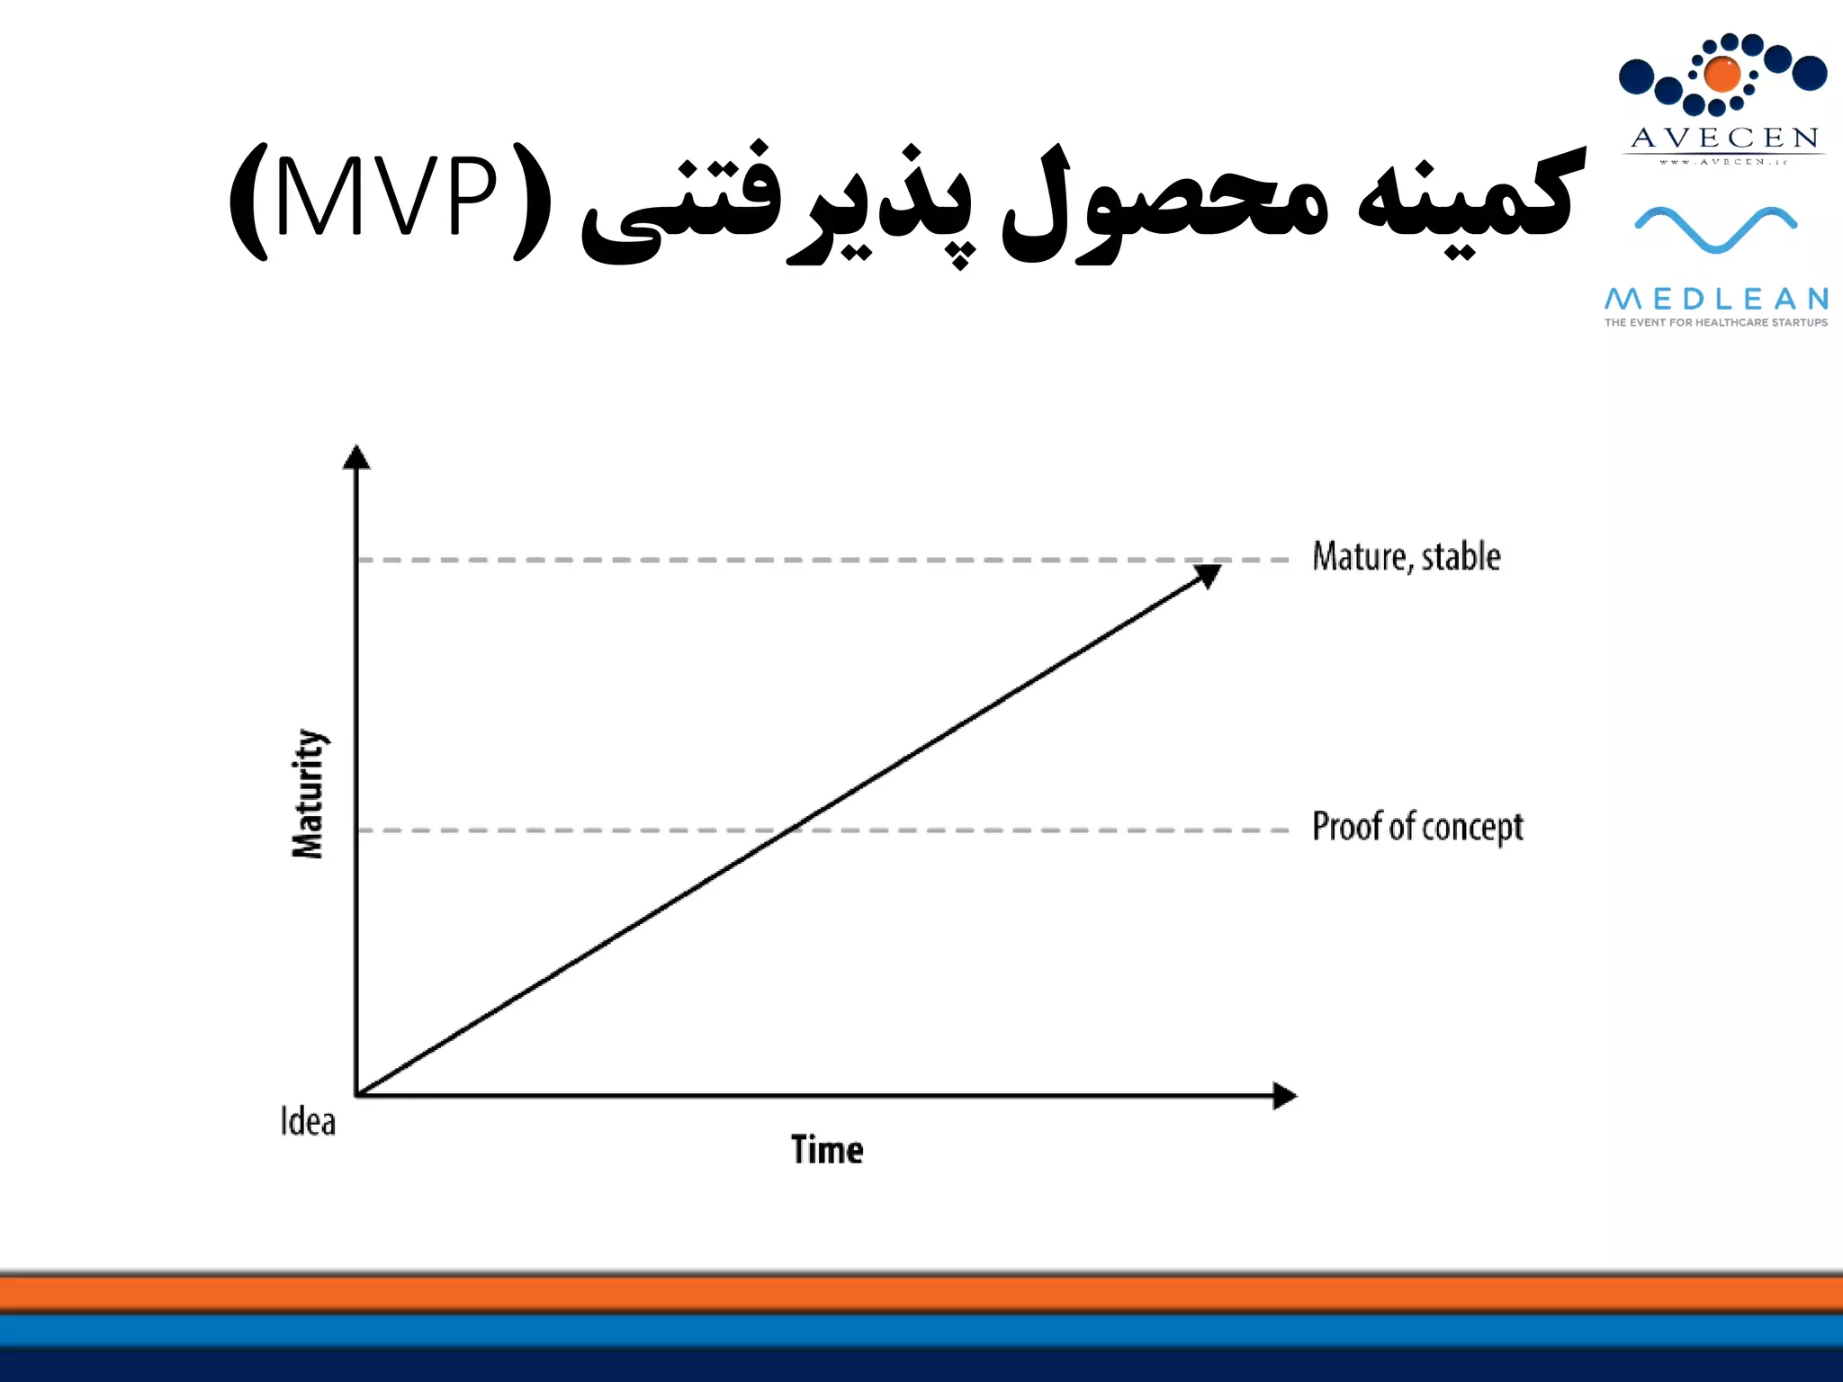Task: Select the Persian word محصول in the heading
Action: [1165, 202]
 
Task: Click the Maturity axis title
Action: [309, 794]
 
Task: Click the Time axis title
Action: [827, 1150]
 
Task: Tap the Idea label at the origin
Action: [308, 1122]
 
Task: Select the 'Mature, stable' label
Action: [1406, 557]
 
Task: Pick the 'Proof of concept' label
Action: [1417, 827]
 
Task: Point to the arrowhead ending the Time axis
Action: [1285, 1095]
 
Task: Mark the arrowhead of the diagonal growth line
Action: [1208, 574]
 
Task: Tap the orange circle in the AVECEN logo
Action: [1722, 75]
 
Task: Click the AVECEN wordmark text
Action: [1724, 138]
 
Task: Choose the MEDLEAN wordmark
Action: [1716, 298]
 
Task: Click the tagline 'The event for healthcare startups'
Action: [1716, 322]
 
